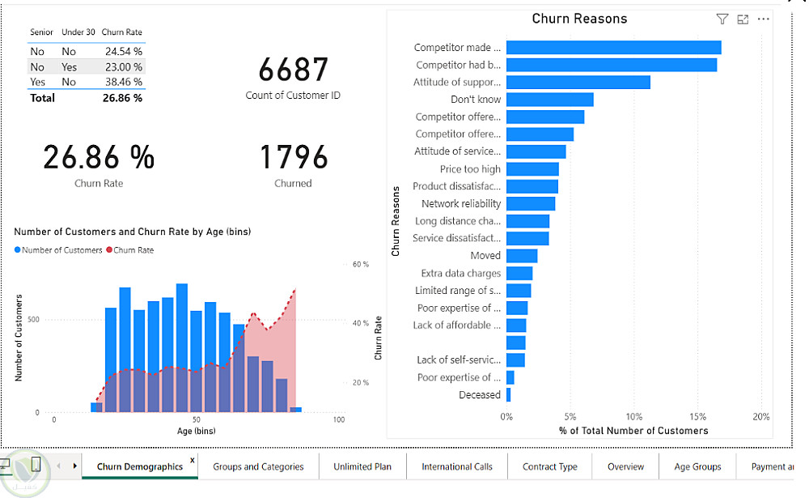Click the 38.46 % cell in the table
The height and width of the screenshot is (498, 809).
click(x=123, y=82)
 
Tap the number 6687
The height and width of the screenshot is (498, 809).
click(x=293, y=70)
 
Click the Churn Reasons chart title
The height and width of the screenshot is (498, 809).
click(x=579, y=19)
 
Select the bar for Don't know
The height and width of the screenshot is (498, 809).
click(x=550, y=100)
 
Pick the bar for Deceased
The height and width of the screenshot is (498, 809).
click(x=508, y=395)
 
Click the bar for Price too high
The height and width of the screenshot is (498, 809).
click(x=532, y=169)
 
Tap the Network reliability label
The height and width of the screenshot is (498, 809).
click(x=461, y=204)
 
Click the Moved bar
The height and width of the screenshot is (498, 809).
click(x=522, y=256)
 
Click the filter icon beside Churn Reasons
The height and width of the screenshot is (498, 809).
click(x=722, y=19)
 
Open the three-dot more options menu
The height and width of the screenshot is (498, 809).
click(x=764, y=19)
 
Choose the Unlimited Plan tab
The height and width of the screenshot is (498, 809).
click(x=362, y=466)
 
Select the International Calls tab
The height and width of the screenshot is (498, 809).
click(x=457, y=466)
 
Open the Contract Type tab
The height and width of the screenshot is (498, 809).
click(x=550, y=466)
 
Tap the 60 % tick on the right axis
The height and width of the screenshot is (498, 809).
click(x=361, y=265)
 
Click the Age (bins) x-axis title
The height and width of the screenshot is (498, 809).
click(x=197, y=431)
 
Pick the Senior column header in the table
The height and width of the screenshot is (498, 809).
click(x=41, y=32)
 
